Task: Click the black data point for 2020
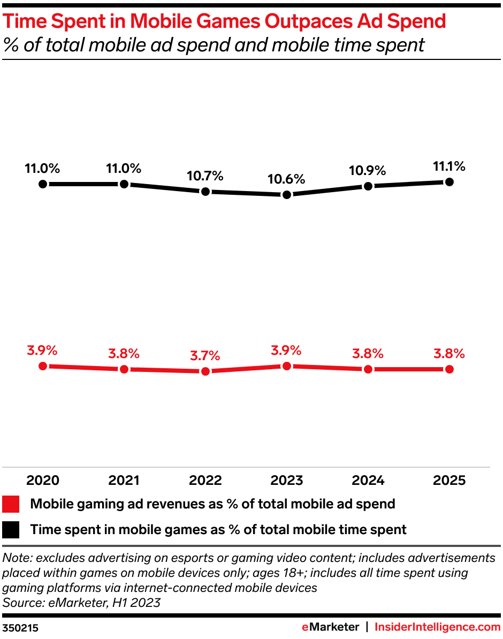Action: pos(43,184)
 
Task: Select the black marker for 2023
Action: pos(287,195)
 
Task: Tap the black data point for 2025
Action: pos(449,182)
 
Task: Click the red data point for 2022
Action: pos(205,371)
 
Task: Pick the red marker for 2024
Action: pos(368,369)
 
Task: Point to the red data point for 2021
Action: pos(124,369)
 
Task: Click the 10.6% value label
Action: pos(287,179)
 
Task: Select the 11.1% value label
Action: pos(449,166)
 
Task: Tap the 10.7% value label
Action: pos(205,176)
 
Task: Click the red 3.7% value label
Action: pos(205,355)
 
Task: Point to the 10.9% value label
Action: pos(368,171)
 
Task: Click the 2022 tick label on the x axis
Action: pos(205,481)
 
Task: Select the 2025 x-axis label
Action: pos(449,481)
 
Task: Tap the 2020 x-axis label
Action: pos(43,481)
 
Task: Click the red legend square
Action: pos(11,504)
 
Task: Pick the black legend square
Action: pos(11,530)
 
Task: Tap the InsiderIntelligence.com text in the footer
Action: pos(437,627)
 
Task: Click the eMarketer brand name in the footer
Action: pos(330,627)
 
